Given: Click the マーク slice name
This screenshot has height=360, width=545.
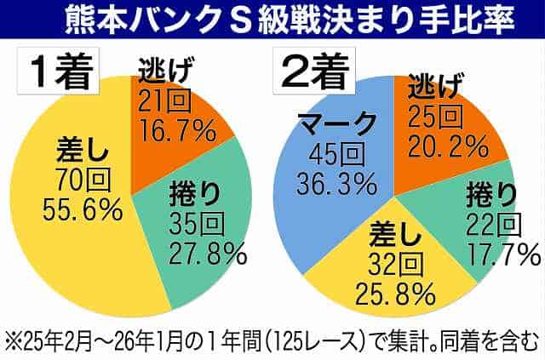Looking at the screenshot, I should pos(339,125).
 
